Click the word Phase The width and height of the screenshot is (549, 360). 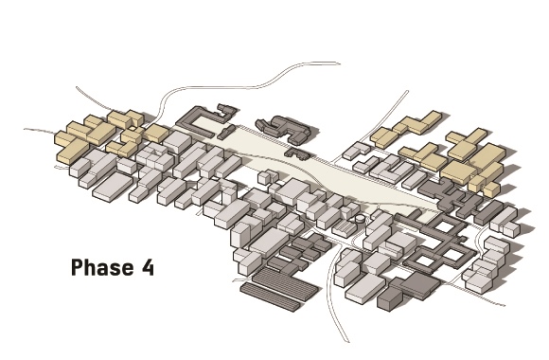[x=102, y=267]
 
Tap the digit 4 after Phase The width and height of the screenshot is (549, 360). [x=148, y=267]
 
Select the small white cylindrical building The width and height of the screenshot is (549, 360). [x=360, y=219]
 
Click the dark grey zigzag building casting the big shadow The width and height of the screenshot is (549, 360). [x=284, y=129]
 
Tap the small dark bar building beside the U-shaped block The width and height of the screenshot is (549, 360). [x=226, y=132]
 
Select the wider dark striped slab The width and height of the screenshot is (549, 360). [x=285, y=283]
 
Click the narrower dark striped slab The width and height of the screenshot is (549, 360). [x=270, y=297]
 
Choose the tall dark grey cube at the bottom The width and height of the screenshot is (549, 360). [x=389, y=299]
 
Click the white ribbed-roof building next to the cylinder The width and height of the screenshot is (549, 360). [x=345, y=228]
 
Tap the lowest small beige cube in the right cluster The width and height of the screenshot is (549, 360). [x=491, y=189]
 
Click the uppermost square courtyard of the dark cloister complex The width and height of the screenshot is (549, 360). [x=444, y=226]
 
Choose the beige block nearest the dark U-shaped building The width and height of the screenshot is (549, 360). [x=156, y=134]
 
